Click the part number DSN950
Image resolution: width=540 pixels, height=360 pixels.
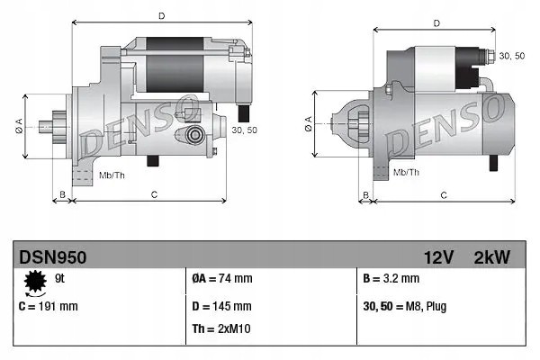tap(53, 257)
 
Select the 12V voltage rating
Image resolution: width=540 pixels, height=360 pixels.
tap(438, 257)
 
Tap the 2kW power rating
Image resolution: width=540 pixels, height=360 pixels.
tap(491, 257)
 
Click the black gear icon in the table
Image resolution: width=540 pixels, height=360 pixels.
tap(35, 282)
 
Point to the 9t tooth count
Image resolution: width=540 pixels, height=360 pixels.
tap(59, 278)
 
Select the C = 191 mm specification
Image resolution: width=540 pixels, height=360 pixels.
tap(49, 306)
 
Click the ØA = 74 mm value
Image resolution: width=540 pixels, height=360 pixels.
tap(222, 278)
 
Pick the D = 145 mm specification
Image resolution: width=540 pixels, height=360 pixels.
tap(221, 306)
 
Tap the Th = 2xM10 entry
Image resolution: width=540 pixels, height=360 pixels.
tap(221, 328)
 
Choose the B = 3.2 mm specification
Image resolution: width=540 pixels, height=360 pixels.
tap(391, 278)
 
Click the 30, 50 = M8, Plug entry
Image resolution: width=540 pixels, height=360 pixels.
tap(405, 307)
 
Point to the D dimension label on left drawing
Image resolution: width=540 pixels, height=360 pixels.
tap(161, 16)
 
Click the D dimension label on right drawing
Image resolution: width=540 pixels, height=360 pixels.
tap(436, 23)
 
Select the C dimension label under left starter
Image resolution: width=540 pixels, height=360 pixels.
tap(154, 194)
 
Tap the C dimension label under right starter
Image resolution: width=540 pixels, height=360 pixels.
tap(444, 195)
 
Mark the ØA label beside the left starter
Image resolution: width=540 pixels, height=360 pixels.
tap(19, 126)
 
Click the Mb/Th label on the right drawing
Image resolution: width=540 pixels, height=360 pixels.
tap(407, 172)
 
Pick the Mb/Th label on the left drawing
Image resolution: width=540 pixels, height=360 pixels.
tap(112, 175)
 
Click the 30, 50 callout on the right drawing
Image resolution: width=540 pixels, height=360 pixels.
tap(512, 56)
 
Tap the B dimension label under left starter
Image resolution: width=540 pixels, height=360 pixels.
tap(62, 194)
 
